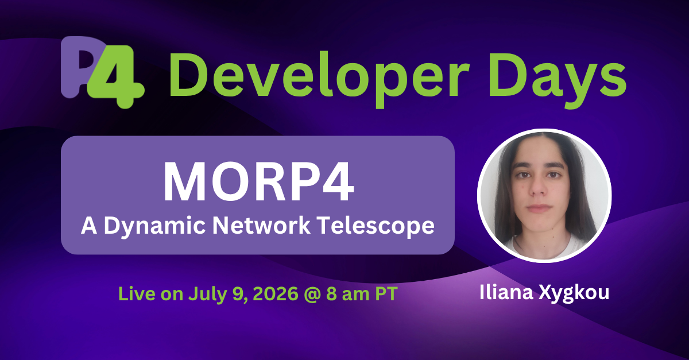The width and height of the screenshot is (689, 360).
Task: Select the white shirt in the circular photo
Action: tap(543, 248)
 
